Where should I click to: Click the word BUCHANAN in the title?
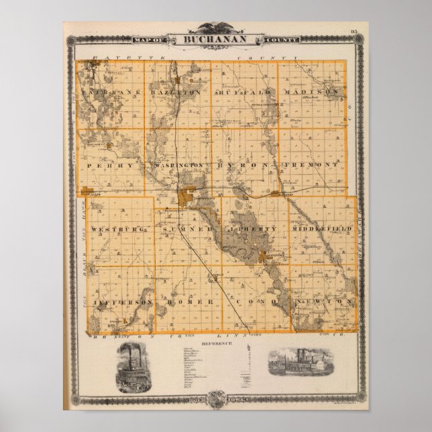216,40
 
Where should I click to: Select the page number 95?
354,32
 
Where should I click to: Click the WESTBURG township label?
117,229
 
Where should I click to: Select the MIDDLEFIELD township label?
321,229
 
